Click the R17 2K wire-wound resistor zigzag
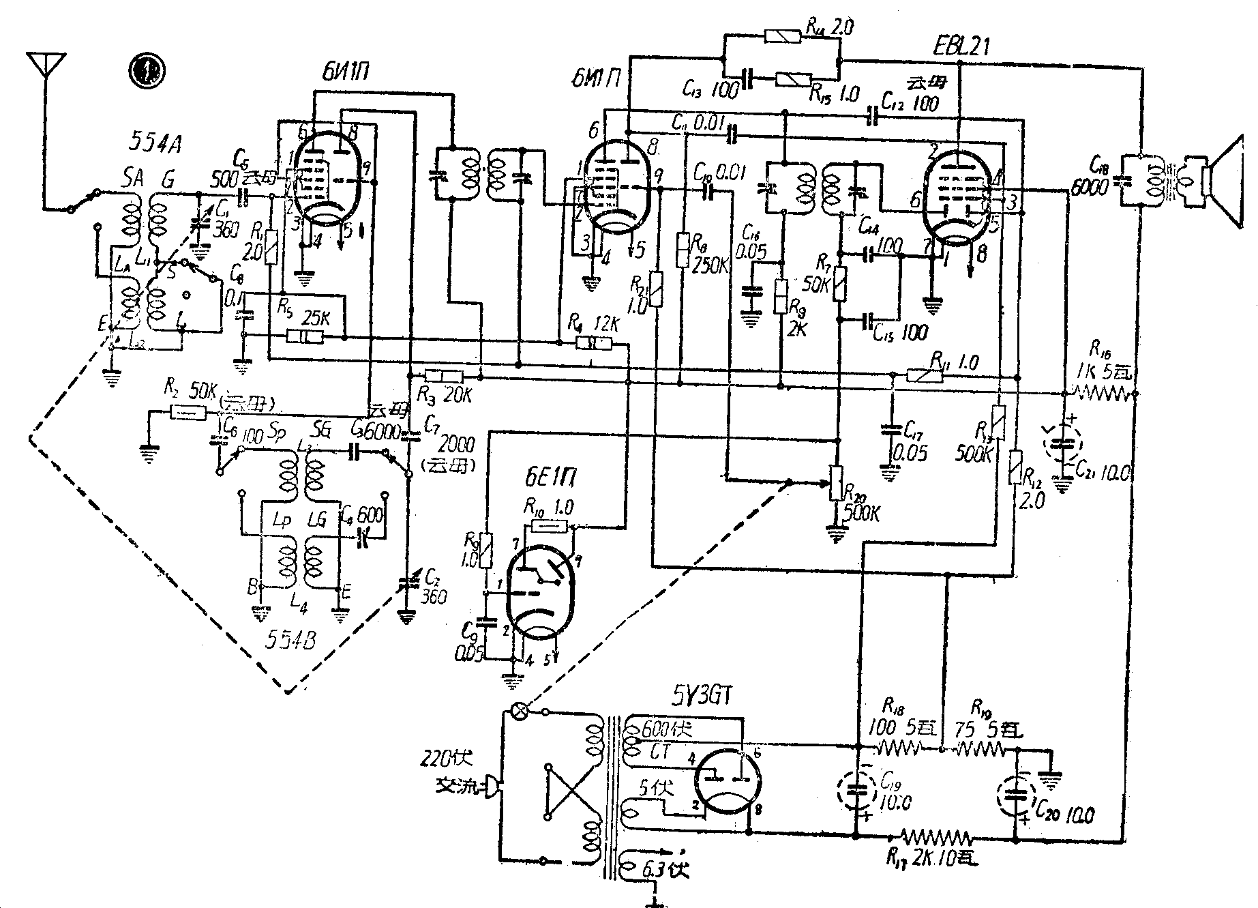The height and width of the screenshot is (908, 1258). (935, 837)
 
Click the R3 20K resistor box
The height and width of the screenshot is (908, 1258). (443, 376)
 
